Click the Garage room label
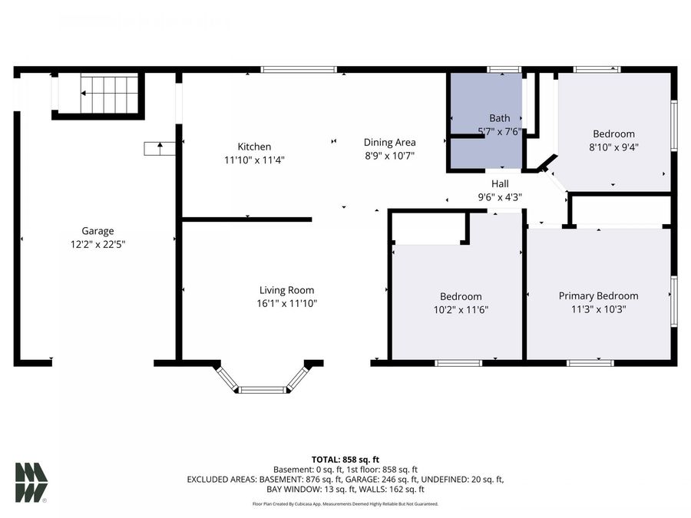click(98, 230)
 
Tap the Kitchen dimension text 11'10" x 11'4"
click(254, 160)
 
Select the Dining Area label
click(389, 142)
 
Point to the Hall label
click(500, 183)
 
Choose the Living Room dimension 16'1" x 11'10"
click(287, 303)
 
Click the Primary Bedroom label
click(598, 295)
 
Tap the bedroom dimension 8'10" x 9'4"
click(613, 147)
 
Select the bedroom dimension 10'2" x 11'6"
click(461, 310)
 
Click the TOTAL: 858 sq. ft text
click(345, 459)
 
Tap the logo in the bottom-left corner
click(31, 483)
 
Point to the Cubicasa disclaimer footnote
click(345, 504)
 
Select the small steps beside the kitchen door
click(159, 148)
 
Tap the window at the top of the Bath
click(504, 70)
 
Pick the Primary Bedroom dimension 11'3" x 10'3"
click(598, 309)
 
